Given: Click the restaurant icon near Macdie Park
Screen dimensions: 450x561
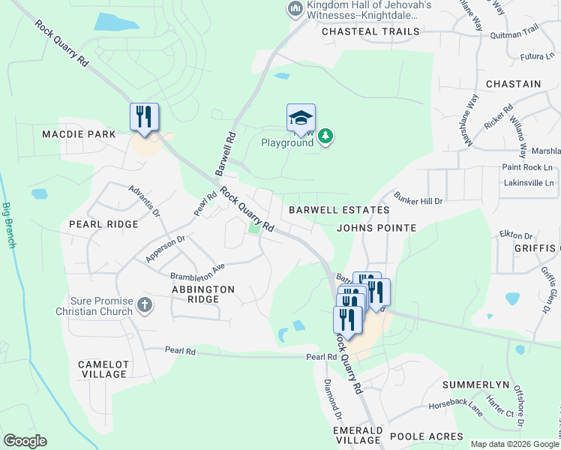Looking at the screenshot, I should tap(144, 117).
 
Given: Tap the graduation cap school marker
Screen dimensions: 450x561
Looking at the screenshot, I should tap(301, 118).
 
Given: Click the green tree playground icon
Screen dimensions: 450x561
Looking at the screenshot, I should tap(325, 136).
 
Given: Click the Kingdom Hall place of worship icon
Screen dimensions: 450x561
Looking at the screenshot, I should tap(295, 10).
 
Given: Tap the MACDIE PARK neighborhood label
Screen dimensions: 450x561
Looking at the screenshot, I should tap(79, 134).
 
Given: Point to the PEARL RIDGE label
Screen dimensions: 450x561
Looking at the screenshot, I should tap(103, 224).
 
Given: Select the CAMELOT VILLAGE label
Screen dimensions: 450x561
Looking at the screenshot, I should tap(103, 369).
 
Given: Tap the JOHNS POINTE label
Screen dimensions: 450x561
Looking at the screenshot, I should tap(376, 227).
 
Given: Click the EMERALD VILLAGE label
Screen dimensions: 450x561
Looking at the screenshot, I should tap(358, 436).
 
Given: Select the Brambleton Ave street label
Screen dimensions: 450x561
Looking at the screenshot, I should tap(197, 271).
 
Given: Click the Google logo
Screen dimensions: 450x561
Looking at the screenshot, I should tap(25, 440).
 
